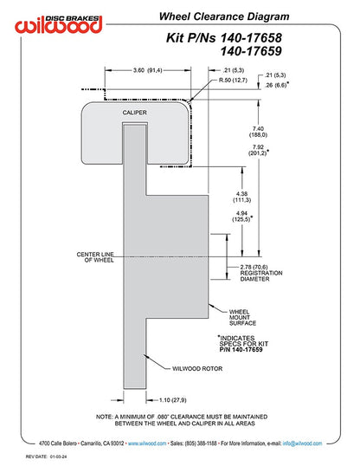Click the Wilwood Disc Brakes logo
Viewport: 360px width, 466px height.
click(x=59, y=24)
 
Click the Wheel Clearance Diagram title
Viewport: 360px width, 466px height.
click(x=224, y=16)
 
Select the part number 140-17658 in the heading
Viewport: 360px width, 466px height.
click(x=251, y=38)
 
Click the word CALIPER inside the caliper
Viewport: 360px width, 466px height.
click(x=134, y=113)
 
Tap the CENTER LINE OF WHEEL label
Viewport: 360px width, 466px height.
click(x=95, y=257)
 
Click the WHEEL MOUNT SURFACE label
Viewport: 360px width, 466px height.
click(x=242, y=317)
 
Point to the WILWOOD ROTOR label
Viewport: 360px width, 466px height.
click(x=197, y=368)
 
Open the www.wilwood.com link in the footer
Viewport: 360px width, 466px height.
click(x=147, y=443)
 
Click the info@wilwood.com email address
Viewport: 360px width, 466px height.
click(x=302, y=443)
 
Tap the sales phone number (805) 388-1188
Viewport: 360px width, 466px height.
click(x=201, y=443)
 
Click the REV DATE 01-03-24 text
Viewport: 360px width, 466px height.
click(x=46, y=456)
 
